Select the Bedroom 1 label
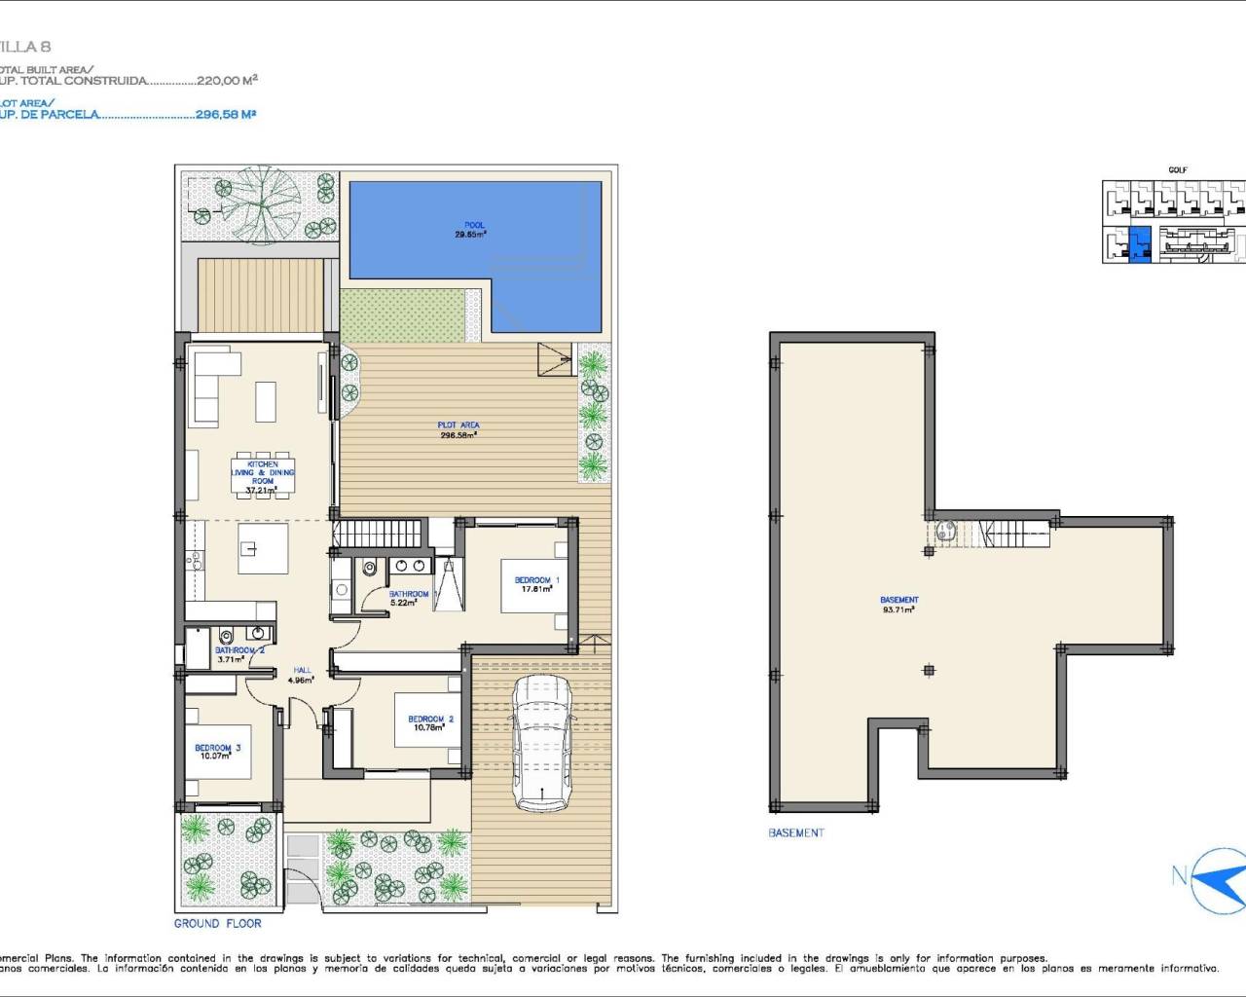coord(536,584)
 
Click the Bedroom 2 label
coord(430,723)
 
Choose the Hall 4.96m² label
coord(302,675)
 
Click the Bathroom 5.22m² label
coord(408,598)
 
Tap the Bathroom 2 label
coord(239,654)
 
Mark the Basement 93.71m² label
coord(898,604)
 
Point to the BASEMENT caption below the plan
coord(795,833)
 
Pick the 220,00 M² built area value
coord(227,82)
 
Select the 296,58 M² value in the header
coord(226,114)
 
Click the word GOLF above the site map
coord(1177,170)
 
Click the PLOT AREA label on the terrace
coord(458,429)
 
